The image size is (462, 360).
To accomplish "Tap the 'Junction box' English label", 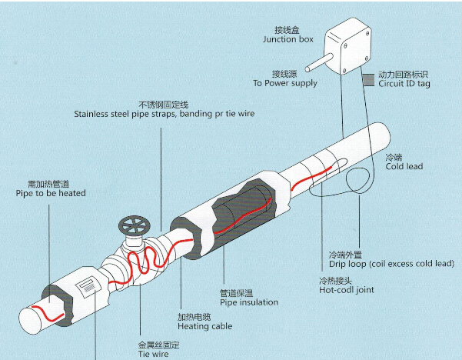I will coord(288,39).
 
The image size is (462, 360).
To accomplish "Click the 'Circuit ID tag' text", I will coord(404,84).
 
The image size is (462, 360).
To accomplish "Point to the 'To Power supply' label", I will coord(284,83).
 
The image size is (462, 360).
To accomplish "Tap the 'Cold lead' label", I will coord(404,166).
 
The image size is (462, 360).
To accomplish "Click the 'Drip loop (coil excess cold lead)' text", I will coord(391,264).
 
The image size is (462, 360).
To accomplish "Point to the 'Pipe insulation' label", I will coord(249,302).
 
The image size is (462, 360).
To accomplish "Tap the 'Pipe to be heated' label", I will coord(43,193).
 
